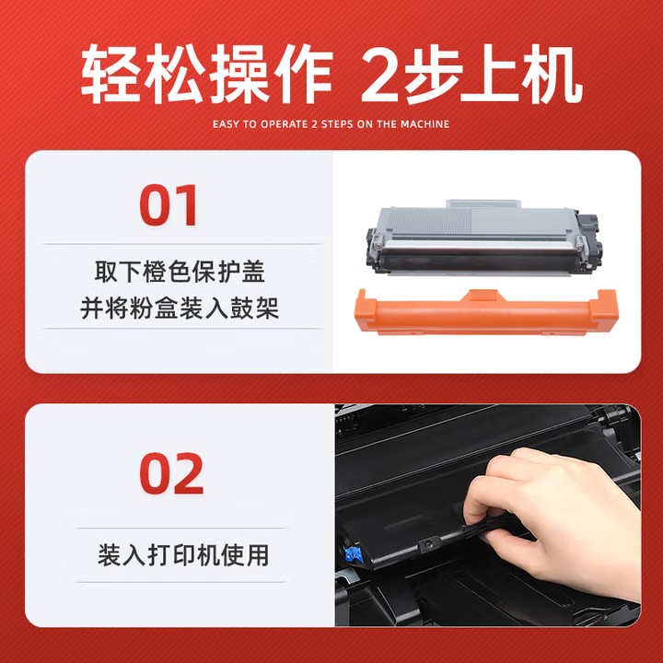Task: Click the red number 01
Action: tap(169, 205)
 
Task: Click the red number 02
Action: tap(171, 473)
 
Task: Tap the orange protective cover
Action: tap(486, 312)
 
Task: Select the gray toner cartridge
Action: tap(483, 238)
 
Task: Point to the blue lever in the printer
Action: tap(354, 554)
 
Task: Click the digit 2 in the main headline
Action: tap(380, 76)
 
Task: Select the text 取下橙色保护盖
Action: tap(180, 272)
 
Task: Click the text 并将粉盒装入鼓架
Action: tap(180, 308)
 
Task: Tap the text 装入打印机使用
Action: tap(183, 554)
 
